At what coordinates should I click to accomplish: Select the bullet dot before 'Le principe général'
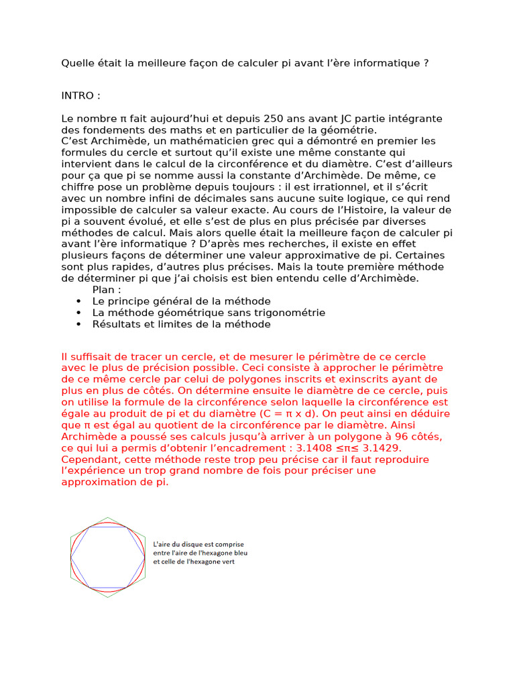click(x=79, y=302)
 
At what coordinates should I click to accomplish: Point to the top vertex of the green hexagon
click(x=107, y=517)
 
